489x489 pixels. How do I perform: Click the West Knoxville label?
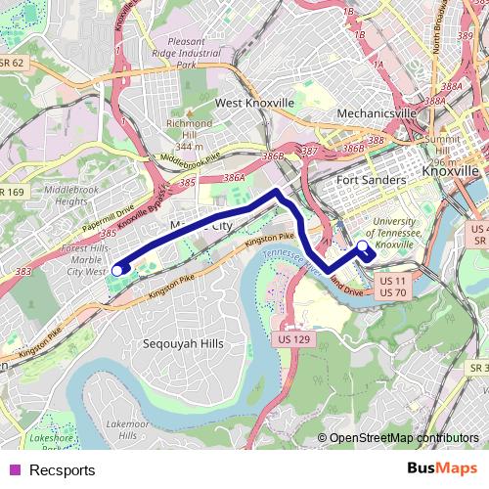(254, 102)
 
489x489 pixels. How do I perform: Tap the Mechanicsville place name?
(377, 113)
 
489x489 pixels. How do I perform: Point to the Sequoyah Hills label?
(183, 344)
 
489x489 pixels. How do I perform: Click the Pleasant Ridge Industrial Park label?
(197, 54)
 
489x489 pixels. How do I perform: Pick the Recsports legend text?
(63, 470)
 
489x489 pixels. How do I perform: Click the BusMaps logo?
(442, 469)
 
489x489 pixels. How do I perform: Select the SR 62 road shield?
(12, 62)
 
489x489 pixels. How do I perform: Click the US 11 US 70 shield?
(392, 287)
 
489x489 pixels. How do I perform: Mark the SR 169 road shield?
(12, 193)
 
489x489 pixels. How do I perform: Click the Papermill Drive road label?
(108, 216)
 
